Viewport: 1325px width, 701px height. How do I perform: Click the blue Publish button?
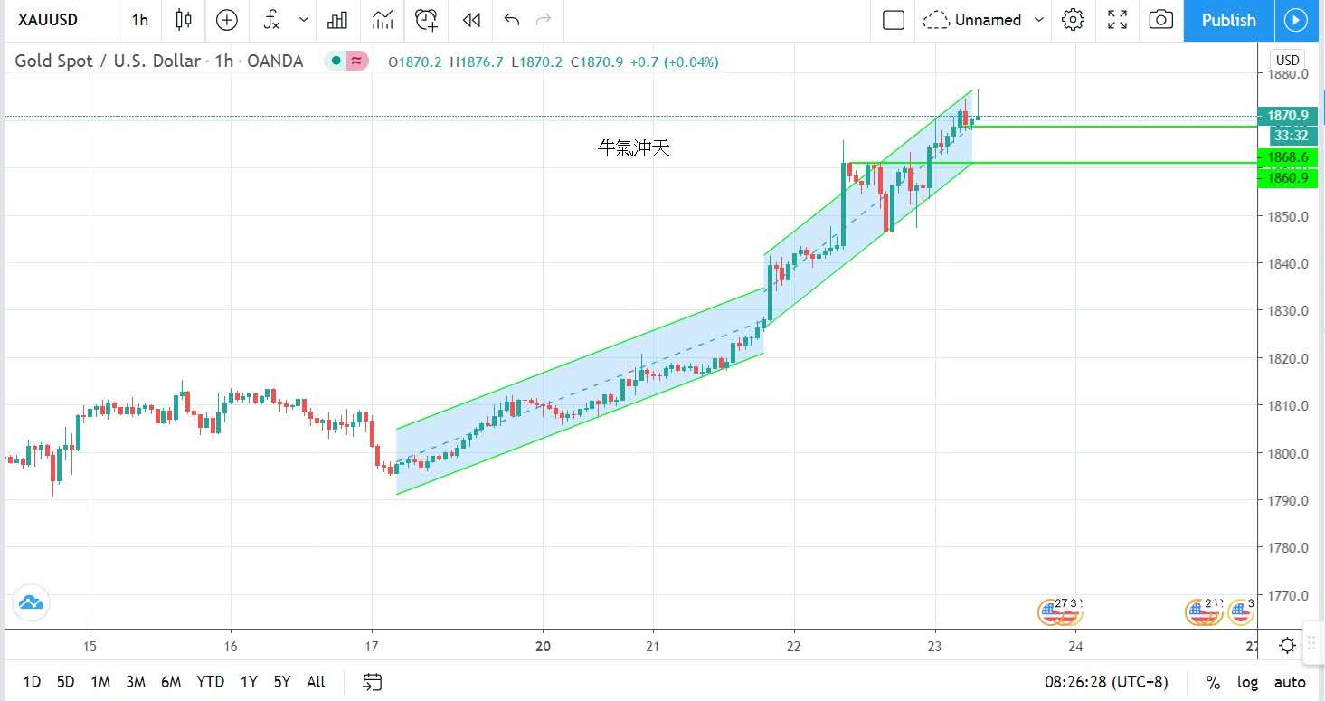pyautogui.click(x=1227, y=20)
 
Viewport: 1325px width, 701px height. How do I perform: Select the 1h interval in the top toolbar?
pyautogui.click(x=139, y=20)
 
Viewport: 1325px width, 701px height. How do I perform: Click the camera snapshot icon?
pyautogui.click(x=1160, y=20)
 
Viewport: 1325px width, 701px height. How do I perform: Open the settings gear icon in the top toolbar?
pyautogui.click(x=1073, y=20)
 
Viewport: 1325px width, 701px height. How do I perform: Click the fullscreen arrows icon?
pyautogui.click(x=1117, y=20)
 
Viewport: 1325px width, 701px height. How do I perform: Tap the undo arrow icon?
pyautogui.click(x=512, y=20)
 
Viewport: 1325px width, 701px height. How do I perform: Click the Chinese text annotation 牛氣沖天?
pyautogui.click(x=634, y=148)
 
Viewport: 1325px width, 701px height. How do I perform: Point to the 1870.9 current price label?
pyautogui.click(x=1288, y=116)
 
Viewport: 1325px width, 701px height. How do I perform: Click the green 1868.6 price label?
pyautogui.click(x=1288, y=157)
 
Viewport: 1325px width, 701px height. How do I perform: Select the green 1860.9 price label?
pyautogui.click(x=1288, y=177)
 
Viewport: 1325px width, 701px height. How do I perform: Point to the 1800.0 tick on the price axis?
pyautogui.click(x=1288, y=453)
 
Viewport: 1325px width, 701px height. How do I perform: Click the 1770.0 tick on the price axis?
pyautogui.click(x=1288, y=595)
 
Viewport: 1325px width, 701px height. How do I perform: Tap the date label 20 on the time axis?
pyautogui.click(x=543, y=647)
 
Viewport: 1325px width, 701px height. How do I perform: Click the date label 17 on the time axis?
pyautogui.click(x=372, y=647)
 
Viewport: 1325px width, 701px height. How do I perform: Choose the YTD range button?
pyautogui.click(x=210, y=682)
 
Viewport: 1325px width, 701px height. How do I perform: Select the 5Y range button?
pyautogui.click(x=281, y=682)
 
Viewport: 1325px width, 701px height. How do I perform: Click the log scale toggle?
pyautogui.click(x=1247, y=682)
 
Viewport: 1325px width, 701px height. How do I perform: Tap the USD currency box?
pyautogui.click(x=1287, y=61)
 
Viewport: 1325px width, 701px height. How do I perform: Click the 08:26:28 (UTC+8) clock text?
pyautogui.click(x=1106, y=682)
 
